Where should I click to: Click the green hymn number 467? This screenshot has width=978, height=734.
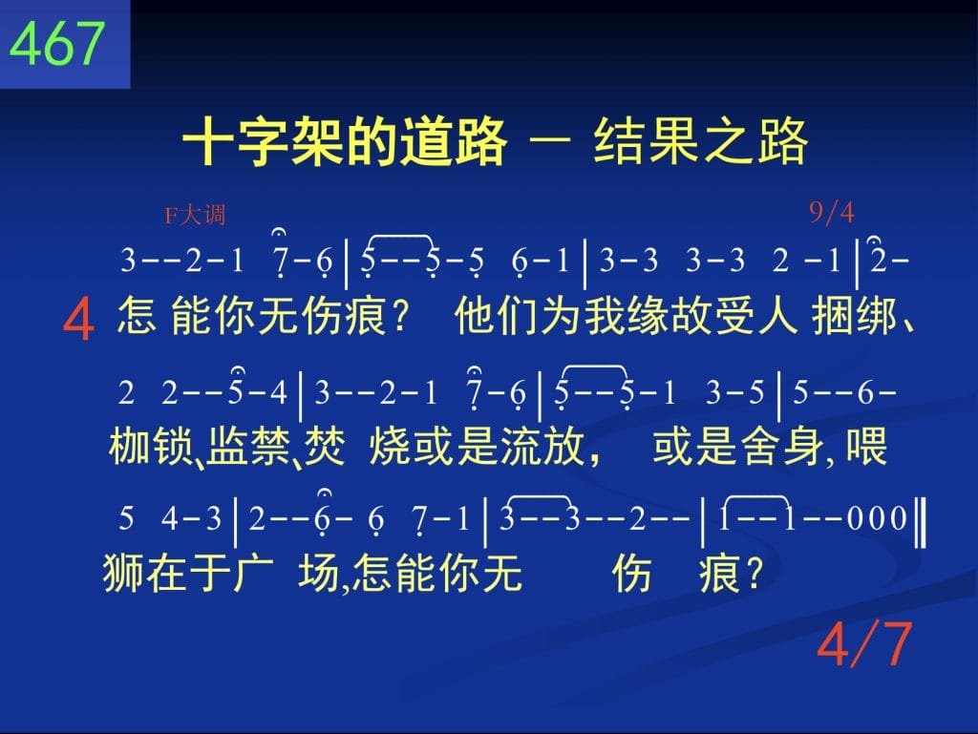(56, 43)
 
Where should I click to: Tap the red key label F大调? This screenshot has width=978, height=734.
(195, 216)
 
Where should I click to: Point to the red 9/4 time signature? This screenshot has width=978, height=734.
(832, 213)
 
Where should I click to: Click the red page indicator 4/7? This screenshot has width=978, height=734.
(864, 643)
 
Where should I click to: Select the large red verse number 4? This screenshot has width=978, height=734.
(78, 319)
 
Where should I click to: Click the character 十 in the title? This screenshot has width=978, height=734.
(209, 141)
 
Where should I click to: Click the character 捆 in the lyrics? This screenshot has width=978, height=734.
(833, 316)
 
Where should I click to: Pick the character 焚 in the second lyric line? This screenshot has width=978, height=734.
(325, 446)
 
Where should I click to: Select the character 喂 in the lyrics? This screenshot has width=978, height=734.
(866, 446)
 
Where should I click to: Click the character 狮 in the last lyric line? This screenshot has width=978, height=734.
(123, 573)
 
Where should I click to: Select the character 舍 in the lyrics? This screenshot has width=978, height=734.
(761, 446)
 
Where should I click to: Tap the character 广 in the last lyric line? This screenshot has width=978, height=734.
(253, 573)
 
